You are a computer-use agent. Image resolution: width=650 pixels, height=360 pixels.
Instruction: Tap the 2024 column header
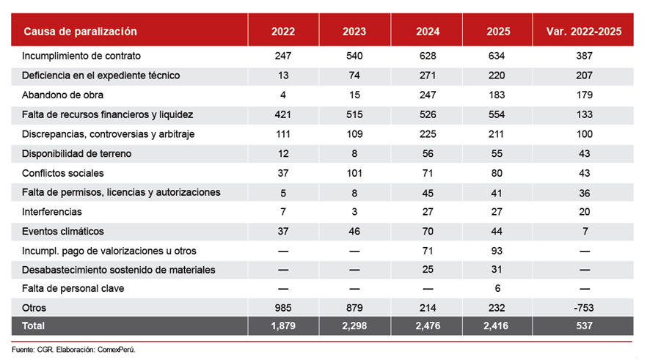click(x=428, y=32)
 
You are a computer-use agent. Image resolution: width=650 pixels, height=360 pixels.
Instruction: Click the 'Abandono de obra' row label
click(x=62, y=95)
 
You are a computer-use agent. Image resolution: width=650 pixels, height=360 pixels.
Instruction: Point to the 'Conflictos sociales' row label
click(x=63, y=173)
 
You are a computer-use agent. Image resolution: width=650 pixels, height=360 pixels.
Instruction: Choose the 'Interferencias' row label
click(x=53, y=212)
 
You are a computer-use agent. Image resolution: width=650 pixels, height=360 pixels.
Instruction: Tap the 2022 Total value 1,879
click(x=283, y=325)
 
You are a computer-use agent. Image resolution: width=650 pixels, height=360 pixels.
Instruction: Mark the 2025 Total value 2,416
click(x=499, y=325)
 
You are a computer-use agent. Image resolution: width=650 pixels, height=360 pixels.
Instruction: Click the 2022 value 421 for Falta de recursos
click(x=283, y=114)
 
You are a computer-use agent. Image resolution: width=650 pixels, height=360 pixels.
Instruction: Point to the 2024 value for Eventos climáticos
click(x=428, y=231)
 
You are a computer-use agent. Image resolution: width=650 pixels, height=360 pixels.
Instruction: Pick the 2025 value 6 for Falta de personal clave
click(x=499, y=289)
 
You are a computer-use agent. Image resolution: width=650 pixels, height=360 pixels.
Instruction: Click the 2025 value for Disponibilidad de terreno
click(x=499, y=153)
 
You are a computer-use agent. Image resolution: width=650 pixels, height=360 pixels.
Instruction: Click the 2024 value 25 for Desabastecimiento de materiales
click(x=428, y=270)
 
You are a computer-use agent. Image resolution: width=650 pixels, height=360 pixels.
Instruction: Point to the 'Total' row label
click(x=34, y=325)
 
